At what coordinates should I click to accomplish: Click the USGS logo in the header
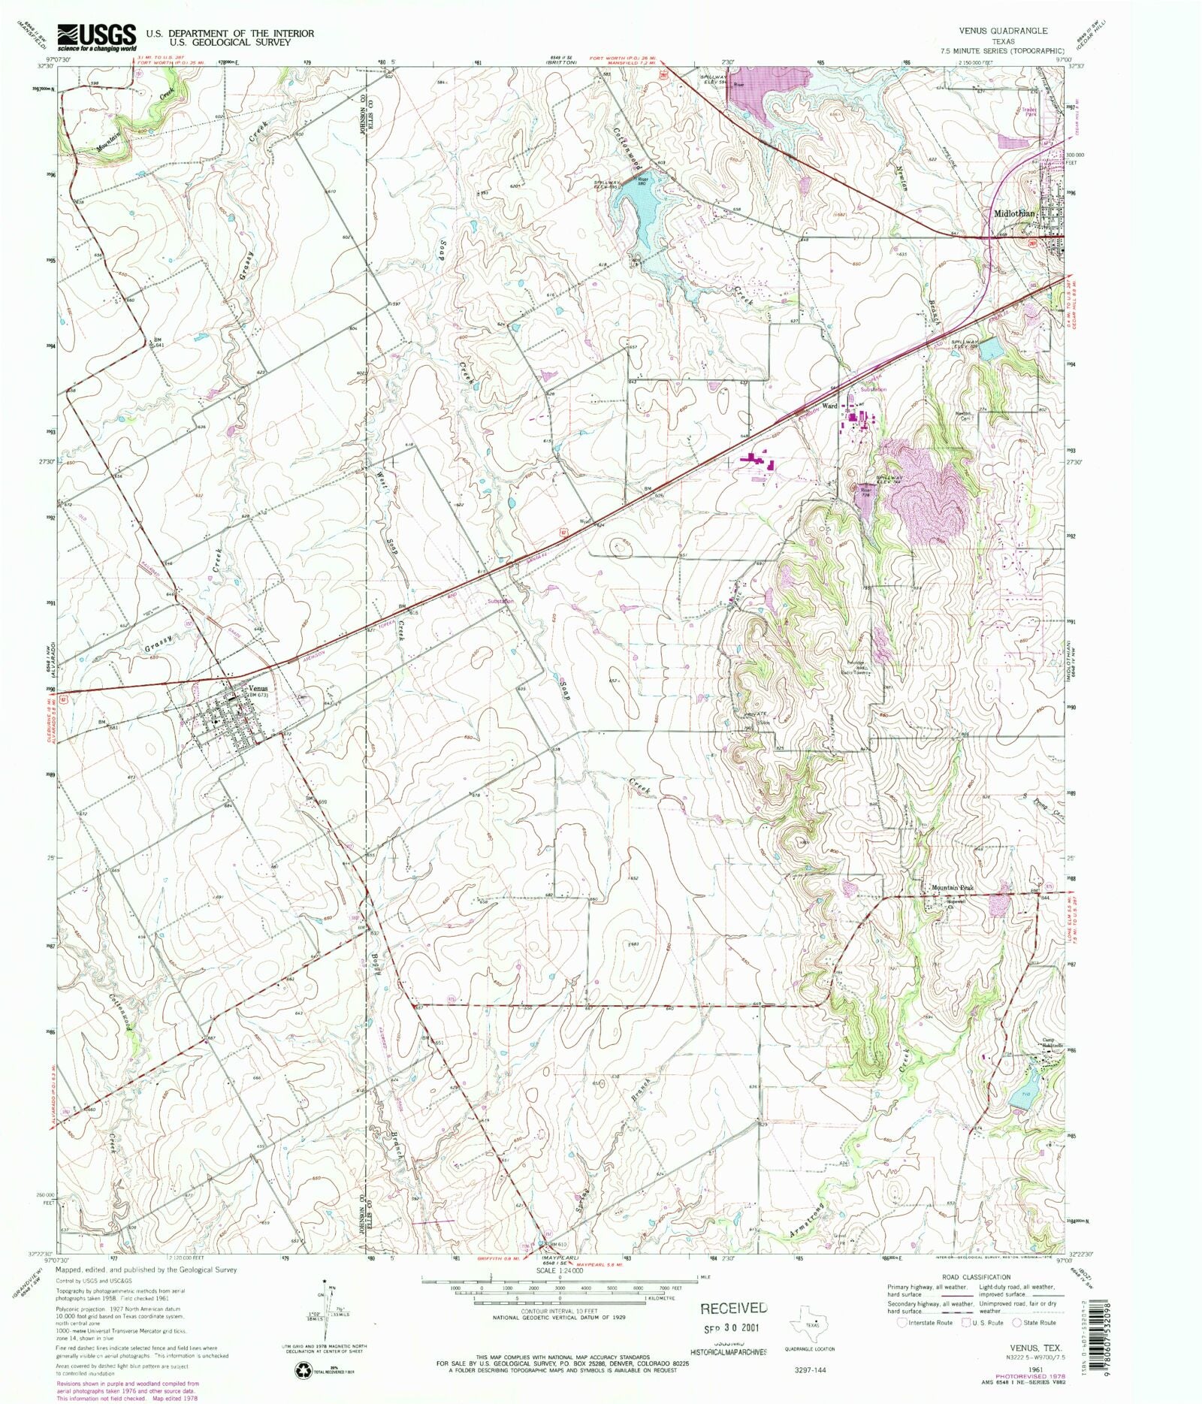[x=97, y=35]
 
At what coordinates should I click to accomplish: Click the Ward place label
[x=829, y=406]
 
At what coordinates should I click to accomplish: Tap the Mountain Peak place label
[x=952, y=888]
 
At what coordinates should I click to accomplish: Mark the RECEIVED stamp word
[x=733, y=1308]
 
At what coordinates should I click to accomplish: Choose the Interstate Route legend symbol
[x=901, y=1322]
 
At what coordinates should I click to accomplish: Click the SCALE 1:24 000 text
[x=560, y=1271]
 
